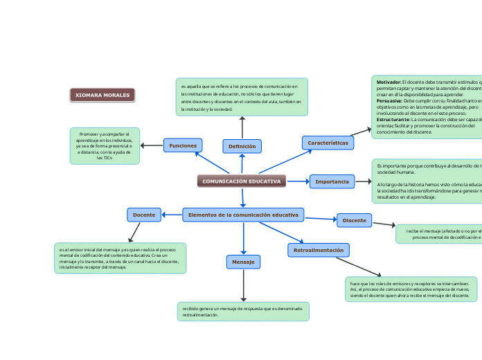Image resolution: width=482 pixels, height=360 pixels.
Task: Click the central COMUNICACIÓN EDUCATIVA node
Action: pos(242,181)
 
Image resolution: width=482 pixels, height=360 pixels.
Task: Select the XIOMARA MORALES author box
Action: pos(102,95)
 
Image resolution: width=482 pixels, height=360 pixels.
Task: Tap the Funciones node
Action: pos(183,145)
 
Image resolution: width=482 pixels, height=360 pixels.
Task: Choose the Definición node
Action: pos(242,146)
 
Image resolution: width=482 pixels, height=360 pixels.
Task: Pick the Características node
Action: pos(328,143)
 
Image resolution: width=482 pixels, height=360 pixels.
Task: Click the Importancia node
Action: pos(332,181)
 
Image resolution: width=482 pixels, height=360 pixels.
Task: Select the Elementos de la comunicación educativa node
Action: pos(242,215)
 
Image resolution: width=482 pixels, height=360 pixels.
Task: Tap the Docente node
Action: pos(144,215)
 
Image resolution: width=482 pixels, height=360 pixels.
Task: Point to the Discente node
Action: pos(354,220)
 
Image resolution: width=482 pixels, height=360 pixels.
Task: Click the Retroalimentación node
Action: pos(318,249)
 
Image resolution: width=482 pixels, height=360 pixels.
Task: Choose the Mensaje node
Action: pos(243,262)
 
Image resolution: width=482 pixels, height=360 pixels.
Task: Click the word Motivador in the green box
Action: pos(389,82)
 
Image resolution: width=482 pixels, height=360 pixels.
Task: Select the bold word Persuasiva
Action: pos(390,101)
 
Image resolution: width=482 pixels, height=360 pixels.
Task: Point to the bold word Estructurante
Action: pos(393,120)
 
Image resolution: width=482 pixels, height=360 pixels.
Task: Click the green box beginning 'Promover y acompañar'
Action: pos(105,145)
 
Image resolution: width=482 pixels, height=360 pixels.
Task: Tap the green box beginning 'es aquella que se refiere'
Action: pos(242,97)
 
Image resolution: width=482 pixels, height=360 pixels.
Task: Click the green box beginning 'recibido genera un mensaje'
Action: pos(243,312)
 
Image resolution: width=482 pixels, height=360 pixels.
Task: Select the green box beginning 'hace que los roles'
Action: pos(411,289)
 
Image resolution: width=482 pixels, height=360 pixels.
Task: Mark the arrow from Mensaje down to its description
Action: pos(243,285)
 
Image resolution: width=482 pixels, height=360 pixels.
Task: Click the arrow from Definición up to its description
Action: pos(242,127)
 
